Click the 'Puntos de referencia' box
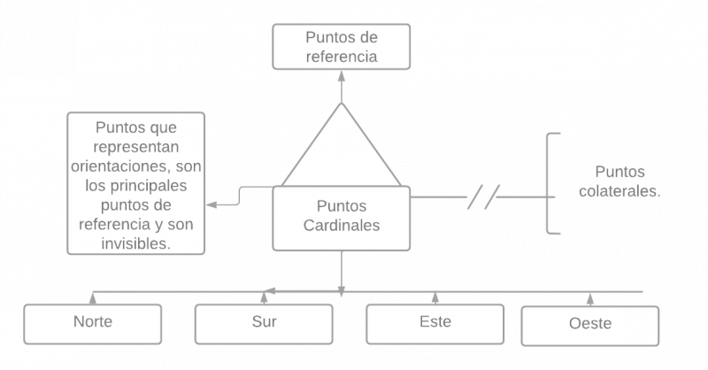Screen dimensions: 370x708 341,46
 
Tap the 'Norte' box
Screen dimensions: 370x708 93,322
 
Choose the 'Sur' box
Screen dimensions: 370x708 264,322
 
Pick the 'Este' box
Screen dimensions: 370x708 435,322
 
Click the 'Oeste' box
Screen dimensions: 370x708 589,324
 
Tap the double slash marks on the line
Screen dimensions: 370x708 484,195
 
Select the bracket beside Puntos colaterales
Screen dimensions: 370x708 552,183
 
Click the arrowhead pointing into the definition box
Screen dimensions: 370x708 210,204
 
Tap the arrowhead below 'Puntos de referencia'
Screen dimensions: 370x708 341,76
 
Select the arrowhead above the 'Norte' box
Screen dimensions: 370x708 93,297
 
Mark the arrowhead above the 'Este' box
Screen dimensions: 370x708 435,297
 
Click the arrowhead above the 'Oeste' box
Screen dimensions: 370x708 589,299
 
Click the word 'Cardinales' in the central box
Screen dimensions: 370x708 341,226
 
